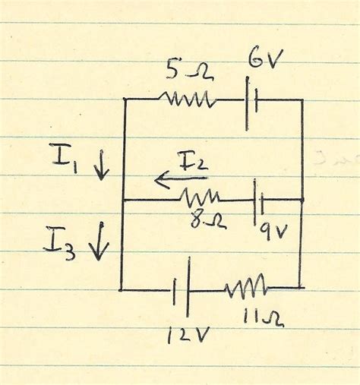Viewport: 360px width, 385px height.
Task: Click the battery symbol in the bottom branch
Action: (x=181, y=291)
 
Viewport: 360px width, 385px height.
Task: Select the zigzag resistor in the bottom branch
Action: (x=245, y=288)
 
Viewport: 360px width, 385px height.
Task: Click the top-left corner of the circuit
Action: (x=124, y=98)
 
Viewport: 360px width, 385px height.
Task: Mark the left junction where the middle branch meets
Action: (x=122, y=199)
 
